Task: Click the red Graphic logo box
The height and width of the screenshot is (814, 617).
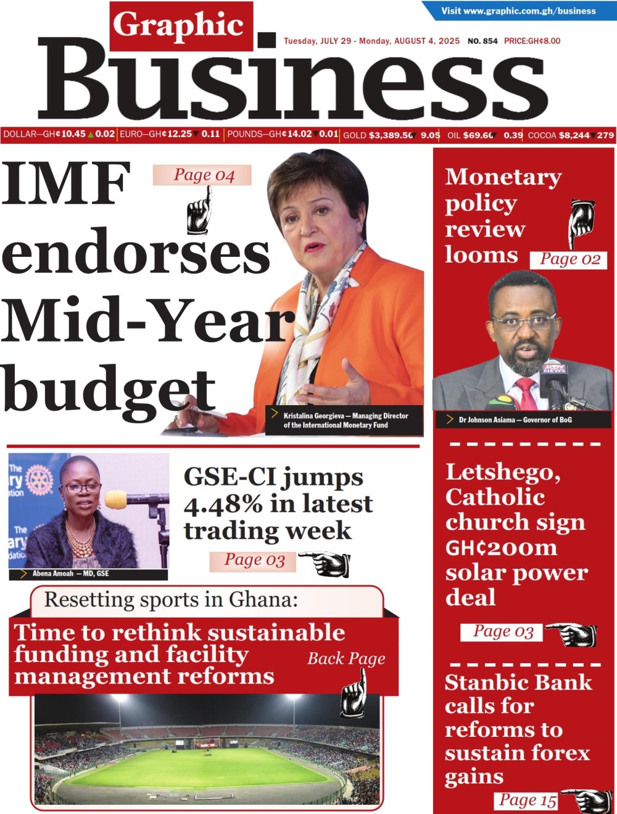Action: (x=181, y=26)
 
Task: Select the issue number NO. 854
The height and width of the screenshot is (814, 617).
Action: (x=482, y=41)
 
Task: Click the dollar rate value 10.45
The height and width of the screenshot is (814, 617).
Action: (x=73, y=134)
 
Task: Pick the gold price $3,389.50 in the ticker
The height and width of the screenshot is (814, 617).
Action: (x=391, y=135)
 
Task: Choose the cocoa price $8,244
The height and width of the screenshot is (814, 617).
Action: (x=574, y=135)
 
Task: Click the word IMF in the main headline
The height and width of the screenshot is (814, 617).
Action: (x=67, y=183)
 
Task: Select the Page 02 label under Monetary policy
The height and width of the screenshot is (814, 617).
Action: (x=569, y=259)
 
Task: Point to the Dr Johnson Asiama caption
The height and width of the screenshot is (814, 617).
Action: (x=515, y=420)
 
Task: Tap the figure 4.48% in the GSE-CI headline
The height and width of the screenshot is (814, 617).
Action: (x=223, y=505)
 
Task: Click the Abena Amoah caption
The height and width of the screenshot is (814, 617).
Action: (x=70, y=574)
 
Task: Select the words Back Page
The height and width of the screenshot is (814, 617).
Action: (x=346, y=659)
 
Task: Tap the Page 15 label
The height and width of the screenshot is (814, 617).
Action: (x=526, y=800)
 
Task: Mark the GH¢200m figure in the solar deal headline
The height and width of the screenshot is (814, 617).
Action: (x=501, y=548)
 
